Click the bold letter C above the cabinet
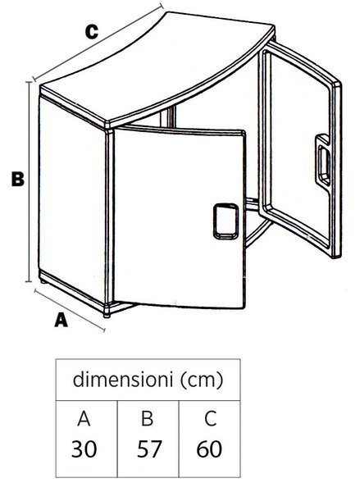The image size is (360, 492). click(92, 32)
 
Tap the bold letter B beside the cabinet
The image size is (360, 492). click(17, 179)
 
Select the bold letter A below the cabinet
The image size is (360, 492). click(61, 320)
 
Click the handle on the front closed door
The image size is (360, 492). click(226, 221)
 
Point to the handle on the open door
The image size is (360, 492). click(322, 160)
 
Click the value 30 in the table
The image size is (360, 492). click(84, 449)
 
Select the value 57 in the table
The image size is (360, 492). click(149, 449)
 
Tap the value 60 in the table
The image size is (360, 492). click(209, 449)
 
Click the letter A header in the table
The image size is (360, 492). click(84, 418)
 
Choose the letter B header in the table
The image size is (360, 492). click(148, 418)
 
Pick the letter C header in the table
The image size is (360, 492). click(210, 418)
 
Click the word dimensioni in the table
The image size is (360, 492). click(123, 379)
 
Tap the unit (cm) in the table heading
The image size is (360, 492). click(202, 380)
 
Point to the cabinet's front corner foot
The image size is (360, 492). click(107, 314)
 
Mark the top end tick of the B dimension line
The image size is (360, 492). click(30, 82)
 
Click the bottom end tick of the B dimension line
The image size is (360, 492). click(29, 281)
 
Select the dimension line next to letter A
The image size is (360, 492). click(70, 310)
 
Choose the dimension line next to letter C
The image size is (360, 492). click(98, 42)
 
